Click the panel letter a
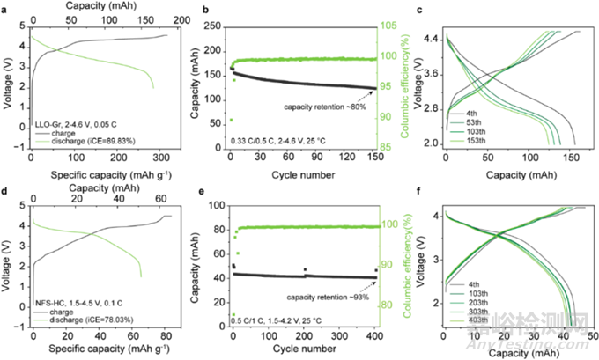click(5, 7)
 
